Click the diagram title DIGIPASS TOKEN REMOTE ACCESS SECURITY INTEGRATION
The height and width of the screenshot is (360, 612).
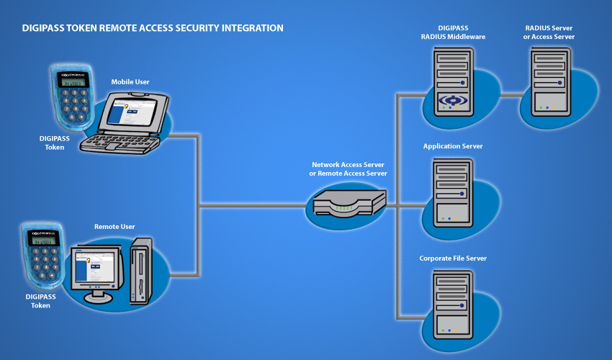(153, 28)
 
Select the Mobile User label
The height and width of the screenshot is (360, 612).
(130, 82)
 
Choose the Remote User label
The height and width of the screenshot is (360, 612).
(114, 227)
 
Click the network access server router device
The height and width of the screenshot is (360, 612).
(350, 202)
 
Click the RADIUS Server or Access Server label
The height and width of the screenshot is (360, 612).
(549, 32)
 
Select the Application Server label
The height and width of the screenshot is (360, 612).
(453, 146)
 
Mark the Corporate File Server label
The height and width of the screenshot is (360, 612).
(453, 258)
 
